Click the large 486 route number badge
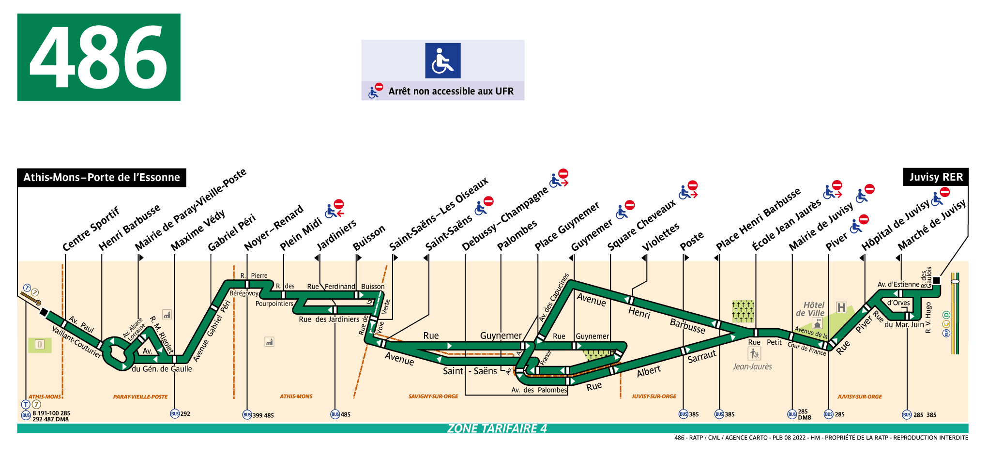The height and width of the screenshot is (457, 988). [x=99, y=57]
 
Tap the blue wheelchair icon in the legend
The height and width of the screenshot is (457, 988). [x=442, y=61]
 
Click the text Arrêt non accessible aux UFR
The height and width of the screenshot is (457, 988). [x=450, y=91]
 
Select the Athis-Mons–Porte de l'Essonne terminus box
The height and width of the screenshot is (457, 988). [x=102, y=178]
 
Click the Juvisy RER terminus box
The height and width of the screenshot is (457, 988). [x=935, y=177]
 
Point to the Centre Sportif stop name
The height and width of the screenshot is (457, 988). [x=91, y=228]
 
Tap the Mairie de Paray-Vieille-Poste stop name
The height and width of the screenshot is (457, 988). [x=190, y=210]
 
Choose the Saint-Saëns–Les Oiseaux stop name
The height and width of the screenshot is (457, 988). [x=439, y=214]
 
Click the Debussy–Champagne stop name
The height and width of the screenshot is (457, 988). [x=504, y=218]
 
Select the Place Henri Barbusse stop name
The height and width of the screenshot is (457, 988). [x=758, y=219]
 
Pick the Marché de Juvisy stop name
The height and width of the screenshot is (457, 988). [x=931, y=225]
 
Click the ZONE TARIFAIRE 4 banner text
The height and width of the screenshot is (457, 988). [x=497, y=428]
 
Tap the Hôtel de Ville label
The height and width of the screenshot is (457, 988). [x=811, y=309]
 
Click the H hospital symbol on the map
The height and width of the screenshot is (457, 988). [x=841, y=307]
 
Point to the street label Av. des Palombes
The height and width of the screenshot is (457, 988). [x=539, y=390]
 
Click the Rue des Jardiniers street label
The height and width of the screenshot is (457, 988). [x=329, y=320]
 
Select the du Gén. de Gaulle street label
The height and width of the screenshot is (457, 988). [x=162, y=369]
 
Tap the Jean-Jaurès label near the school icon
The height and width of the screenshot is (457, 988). [x=752, y=366]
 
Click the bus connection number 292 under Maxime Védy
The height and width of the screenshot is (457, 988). [x=185, y=414]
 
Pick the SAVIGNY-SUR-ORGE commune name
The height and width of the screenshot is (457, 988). [x=433, y=396]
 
